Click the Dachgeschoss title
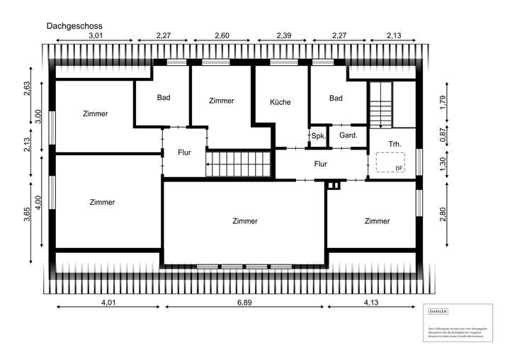(x=74, y=26)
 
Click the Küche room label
(x=280, y=102)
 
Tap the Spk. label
(x=318, y=135)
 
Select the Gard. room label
(x=348, y=135)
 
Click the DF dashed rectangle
(x=390, y=162)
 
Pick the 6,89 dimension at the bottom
(x=244, y=303)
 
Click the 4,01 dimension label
(x=108, y=303)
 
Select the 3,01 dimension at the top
(x=96, y=35)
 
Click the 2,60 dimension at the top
(x=221, y=35)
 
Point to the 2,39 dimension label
(x=283, y=35)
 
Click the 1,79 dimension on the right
(x=443, y=103)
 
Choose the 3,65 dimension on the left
(x=27, y=213)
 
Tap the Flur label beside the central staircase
(x=184, y=152)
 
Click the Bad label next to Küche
(x=336, y=99)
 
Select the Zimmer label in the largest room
(x=245, y=221)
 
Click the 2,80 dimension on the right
(x=443, y=213)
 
